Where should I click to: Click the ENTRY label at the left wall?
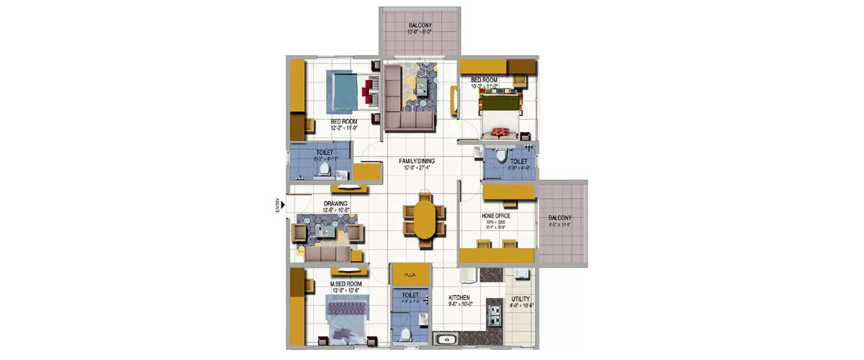pos(278,206)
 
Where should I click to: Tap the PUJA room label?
pos(410,275)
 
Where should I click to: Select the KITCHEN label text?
pos(460,298)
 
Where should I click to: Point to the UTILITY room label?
pos(520,299)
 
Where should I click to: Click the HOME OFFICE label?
pos(496,216)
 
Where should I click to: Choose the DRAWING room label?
pos(335,204)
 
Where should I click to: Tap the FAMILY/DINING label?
pos(418,161)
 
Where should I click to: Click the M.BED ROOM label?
pos(346,284)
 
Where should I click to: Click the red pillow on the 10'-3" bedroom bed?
pos(499,132)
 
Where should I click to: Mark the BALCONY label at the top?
pos(420,26)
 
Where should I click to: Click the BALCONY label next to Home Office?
pos(560,218)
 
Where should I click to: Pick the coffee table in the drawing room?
pos(326,232)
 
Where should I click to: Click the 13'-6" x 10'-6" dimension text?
pos(346,291)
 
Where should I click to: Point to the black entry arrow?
pos(283,203)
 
